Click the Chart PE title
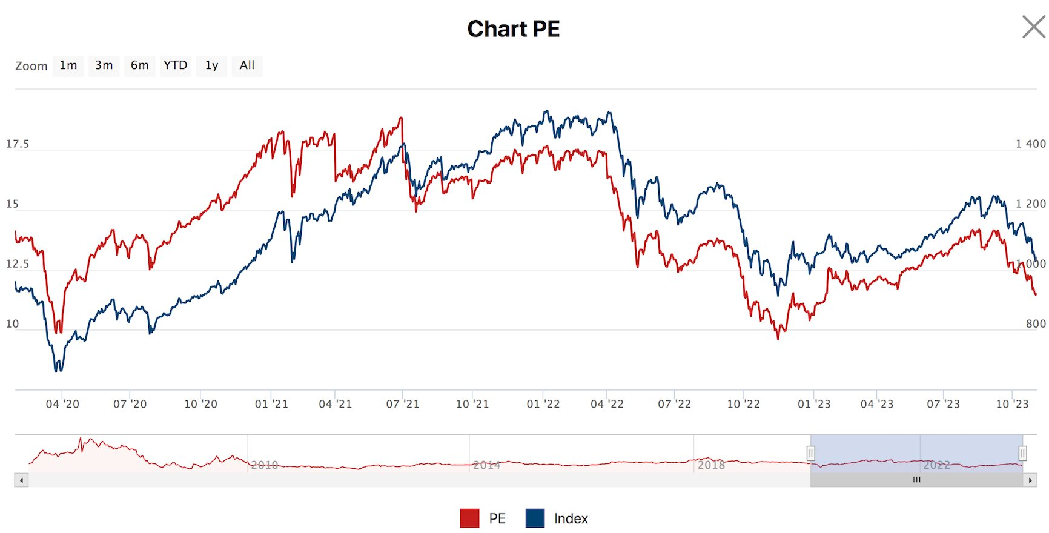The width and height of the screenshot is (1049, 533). (x=513, y=29)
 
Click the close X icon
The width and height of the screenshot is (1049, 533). (x=1033, y=27)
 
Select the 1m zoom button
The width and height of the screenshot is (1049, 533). (x=68, y=65)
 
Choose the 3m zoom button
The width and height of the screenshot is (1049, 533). (x=104, y=65)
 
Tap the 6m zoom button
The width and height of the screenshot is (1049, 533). (x=139, y=65)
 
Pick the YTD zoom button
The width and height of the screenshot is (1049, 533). (x=175, y=65)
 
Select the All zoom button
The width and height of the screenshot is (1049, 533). (x=247, y=65)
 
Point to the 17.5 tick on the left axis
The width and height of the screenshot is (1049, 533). (x=18, y=144)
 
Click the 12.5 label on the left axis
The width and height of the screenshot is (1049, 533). (x=18, y=264)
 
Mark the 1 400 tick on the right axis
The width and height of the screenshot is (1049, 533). (x=1030, y=144)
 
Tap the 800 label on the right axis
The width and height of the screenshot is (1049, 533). (x=1035, y=324)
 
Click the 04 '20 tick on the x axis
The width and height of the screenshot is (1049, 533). (x=62, y=404)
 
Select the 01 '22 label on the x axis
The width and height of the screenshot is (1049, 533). (x=543, y=404)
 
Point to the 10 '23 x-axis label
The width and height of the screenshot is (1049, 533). (x=1012, y=404)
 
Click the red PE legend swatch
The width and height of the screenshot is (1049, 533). (x=469, y=518)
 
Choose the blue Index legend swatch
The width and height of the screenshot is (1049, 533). (x=535, y=518)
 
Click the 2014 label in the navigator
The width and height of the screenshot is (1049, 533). (x=486, y=465)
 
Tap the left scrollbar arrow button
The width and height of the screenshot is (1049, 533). (x=22, y=480)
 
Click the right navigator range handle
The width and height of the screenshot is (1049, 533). (x=1022, y=453)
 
